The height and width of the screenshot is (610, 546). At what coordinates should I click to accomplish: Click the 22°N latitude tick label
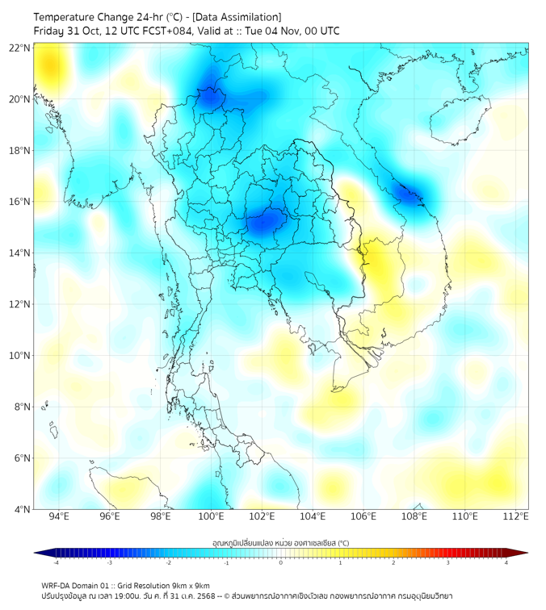[x=20, y=48]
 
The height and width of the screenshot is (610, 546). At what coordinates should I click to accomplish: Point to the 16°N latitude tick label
[x=20, y=202]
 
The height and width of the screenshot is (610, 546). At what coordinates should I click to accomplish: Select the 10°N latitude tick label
[x=20, y=355]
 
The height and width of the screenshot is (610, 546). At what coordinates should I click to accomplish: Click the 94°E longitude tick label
[x=59, y=516]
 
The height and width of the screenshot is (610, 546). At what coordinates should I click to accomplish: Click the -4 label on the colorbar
[x=55, y=562]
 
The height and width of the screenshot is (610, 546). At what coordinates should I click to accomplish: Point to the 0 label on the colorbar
[x=281, y=562]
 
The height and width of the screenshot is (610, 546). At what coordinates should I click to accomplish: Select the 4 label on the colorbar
[x=506, y=562]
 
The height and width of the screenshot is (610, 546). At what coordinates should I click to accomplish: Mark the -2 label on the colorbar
[x=168, y=562]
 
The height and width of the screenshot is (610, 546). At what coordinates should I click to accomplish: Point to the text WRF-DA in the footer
[x=57, y=585]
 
